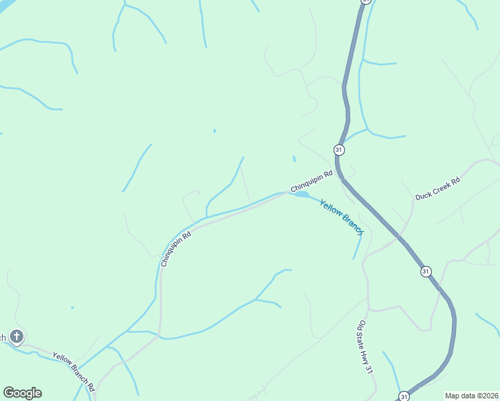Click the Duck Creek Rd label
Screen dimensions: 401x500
[x=438, y=188]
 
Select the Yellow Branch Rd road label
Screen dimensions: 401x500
[x=74, y=372]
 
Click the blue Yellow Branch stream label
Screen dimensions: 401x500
[x=341, y=217]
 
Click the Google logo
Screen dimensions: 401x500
[x=22, y=393]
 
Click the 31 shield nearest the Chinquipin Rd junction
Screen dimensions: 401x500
[x=339, y=150]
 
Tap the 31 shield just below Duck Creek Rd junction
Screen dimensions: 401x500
[x=426, y=271]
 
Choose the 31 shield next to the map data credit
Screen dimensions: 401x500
[x=404, y=396]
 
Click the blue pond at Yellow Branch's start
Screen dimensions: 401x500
[x=301, y=194]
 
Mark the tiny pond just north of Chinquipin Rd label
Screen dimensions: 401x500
[x=293, y=158]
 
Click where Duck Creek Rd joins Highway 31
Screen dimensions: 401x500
[x=399, y=235]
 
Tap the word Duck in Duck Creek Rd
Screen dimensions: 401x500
[x=423, y=194]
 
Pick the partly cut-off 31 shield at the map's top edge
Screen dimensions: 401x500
[x=365, y=1]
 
